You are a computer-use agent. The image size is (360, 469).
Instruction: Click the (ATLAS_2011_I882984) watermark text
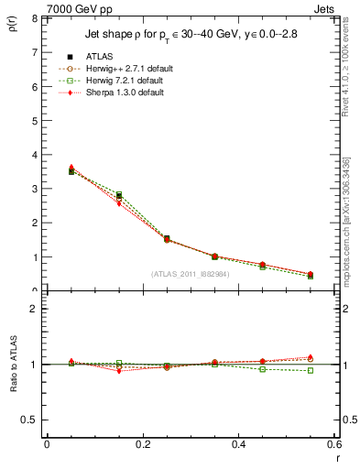[191, 273]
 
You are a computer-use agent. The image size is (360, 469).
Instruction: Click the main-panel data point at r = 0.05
[71, 170]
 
